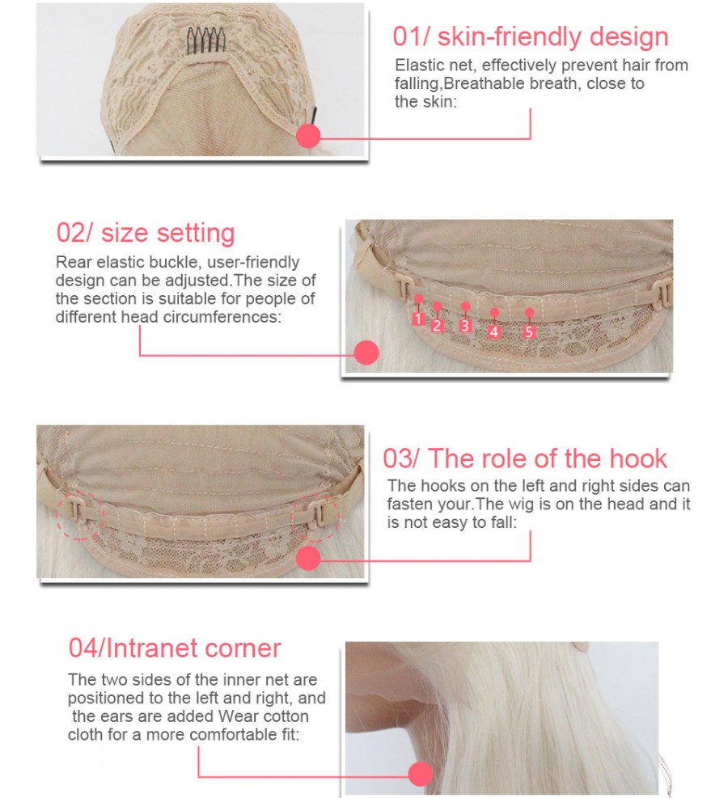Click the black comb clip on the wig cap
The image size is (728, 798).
205,40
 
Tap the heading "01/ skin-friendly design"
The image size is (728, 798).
531,36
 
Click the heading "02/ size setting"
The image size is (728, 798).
146,233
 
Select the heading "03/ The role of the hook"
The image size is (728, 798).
525,458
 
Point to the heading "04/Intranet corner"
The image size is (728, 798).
175,648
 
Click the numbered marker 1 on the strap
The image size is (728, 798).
418,319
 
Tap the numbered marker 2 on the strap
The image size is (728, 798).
437,326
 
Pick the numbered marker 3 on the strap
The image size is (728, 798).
465,326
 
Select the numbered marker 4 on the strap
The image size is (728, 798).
493,331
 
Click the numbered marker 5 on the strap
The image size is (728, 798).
529,331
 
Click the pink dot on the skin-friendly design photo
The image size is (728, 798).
308,136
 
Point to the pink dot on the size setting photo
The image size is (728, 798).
366,353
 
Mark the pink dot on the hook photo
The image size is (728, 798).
308,558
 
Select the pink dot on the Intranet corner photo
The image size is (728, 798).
421,774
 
